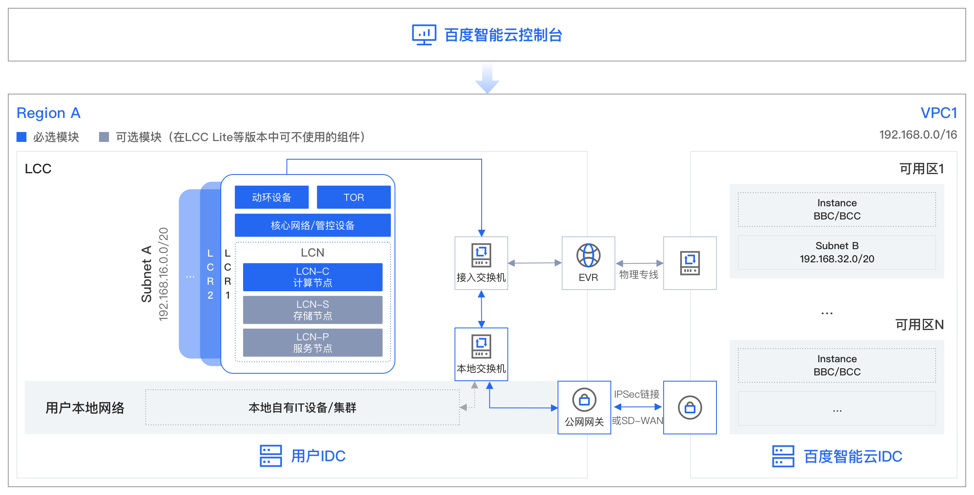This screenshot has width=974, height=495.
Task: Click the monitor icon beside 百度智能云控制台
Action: point(424,35)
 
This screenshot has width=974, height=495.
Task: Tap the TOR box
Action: point(354,197)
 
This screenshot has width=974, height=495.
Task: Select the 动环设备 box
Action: point(272,197)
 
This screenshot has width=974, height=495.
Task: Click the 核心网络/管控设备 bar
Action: point(313,225)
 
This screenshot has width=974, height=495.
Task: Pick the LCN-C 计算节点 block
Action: point(313,277)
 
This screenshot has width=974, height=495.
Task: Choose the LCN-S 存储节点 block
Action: point(313,310)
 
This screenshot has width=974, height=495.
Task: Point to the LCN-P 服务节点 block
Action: point(313,342)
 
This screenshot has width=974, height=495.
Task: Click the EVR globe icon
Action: point(588,255)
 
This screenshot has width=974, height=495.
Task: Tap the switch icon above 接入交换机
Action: point(481,255)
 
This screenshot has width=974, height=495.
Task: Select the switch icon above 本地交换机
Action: point(481,346)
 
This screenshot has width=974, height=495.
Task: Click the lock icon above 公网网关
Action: point(584,400)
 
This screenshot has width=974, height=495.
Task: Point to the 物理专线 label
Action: point(638,275)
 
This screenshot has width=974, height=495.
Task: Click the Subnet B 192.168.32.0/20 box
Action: point(837,252)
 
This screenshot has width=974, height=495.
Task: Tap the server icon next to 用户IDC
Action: point(271,456)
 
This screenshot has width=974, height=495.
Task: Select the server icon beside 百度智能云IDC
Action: point(783,456)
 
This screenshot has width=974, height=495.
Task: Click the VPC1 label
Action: point(939,113)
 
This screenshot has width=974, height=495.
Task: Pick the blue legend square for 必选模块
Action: point(21,137)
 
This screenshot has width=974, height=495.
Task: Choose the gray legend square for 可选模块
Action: point(104,137)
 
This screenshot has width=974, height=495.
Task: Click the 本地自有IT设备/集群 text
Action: point(303,408)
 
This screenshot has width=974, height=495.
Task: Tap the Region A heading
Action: point(48,113)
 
